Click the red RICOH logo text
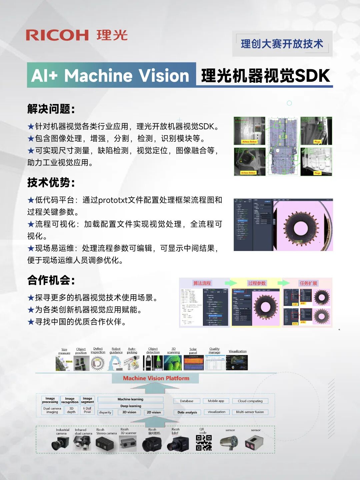coord(57,35)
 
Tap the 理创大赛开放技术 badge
coord(282,44)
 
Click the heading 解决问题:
coord(51,109)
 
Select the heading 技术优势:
coord(51,182)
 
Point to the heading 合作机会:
coord(51,280)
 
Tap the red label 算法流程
coord(202,283)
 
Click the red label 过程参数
coord(257,283)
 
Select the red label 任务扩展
coord(308,283)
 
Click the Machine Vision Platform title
coord(156,378)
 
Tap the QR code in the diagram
coord(204,443)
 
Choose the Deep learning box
coord(131,406)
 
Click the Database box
coord(187,401)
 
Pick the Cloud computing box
coord(250,401)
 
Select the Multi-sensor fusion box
coord(250,412)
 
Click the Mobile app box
coord(216,401)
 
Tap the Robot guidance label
coord(116,351)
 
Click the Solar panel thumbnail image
coord(194,363)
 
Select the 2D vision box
coord(154,412)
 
